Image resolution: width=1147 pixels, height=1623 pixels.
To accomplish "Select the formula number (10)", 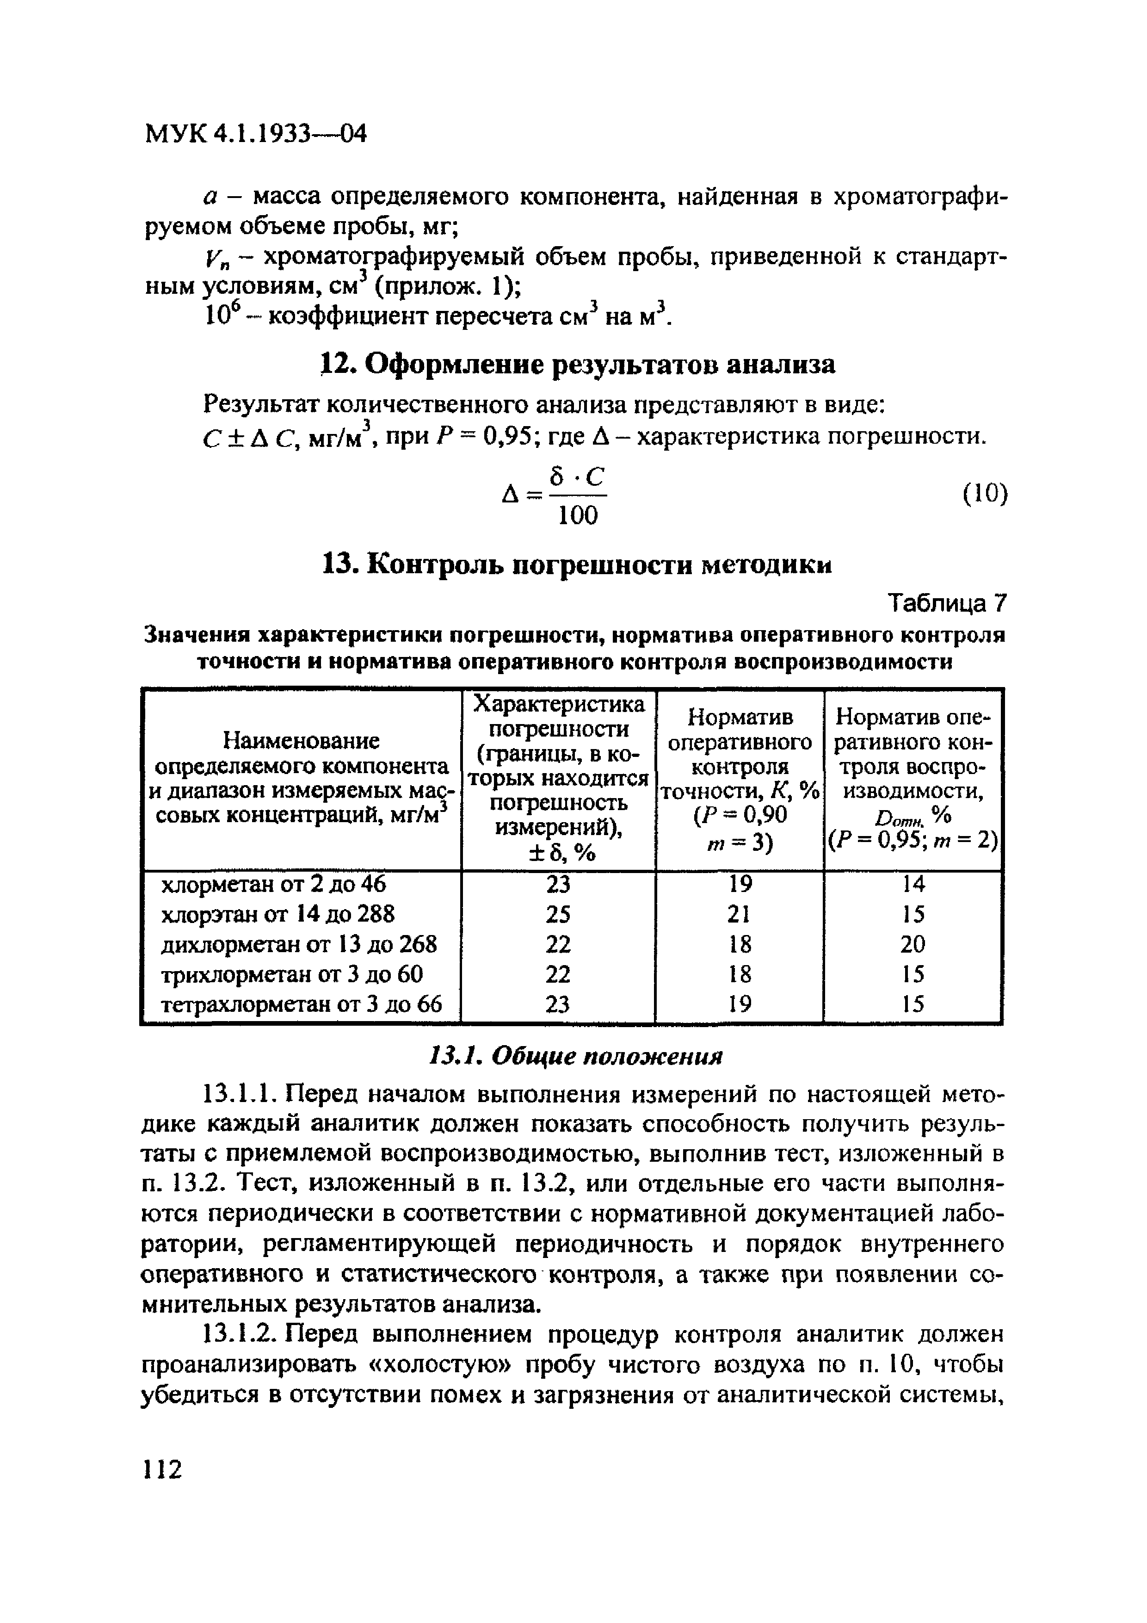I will point(985,493).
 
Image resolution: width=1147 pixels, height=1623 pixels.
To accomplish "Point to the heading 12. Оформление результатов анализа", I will point(577,365).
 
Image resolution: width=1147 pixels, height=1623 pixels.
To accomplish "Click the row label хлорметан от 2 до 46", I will point(274,884).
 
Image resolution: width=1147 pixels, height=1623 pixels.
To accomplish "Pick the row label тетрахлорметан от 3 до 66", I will point(302,1004).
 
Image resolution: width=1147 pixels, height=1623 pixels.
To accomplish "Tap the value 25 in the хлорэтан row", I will point(558,915).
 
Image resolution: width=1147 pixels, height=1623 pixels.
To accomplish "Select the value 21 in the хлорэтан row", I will point(739,915).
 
